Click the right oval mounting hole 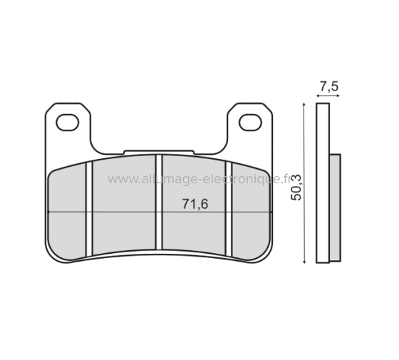(249, 123)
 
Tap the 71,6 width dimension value (195, 205)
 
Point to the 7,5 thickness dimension (328, 87)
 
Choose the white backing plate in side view (323, 184)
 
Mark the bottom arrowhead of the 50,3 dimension (304, 260)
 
